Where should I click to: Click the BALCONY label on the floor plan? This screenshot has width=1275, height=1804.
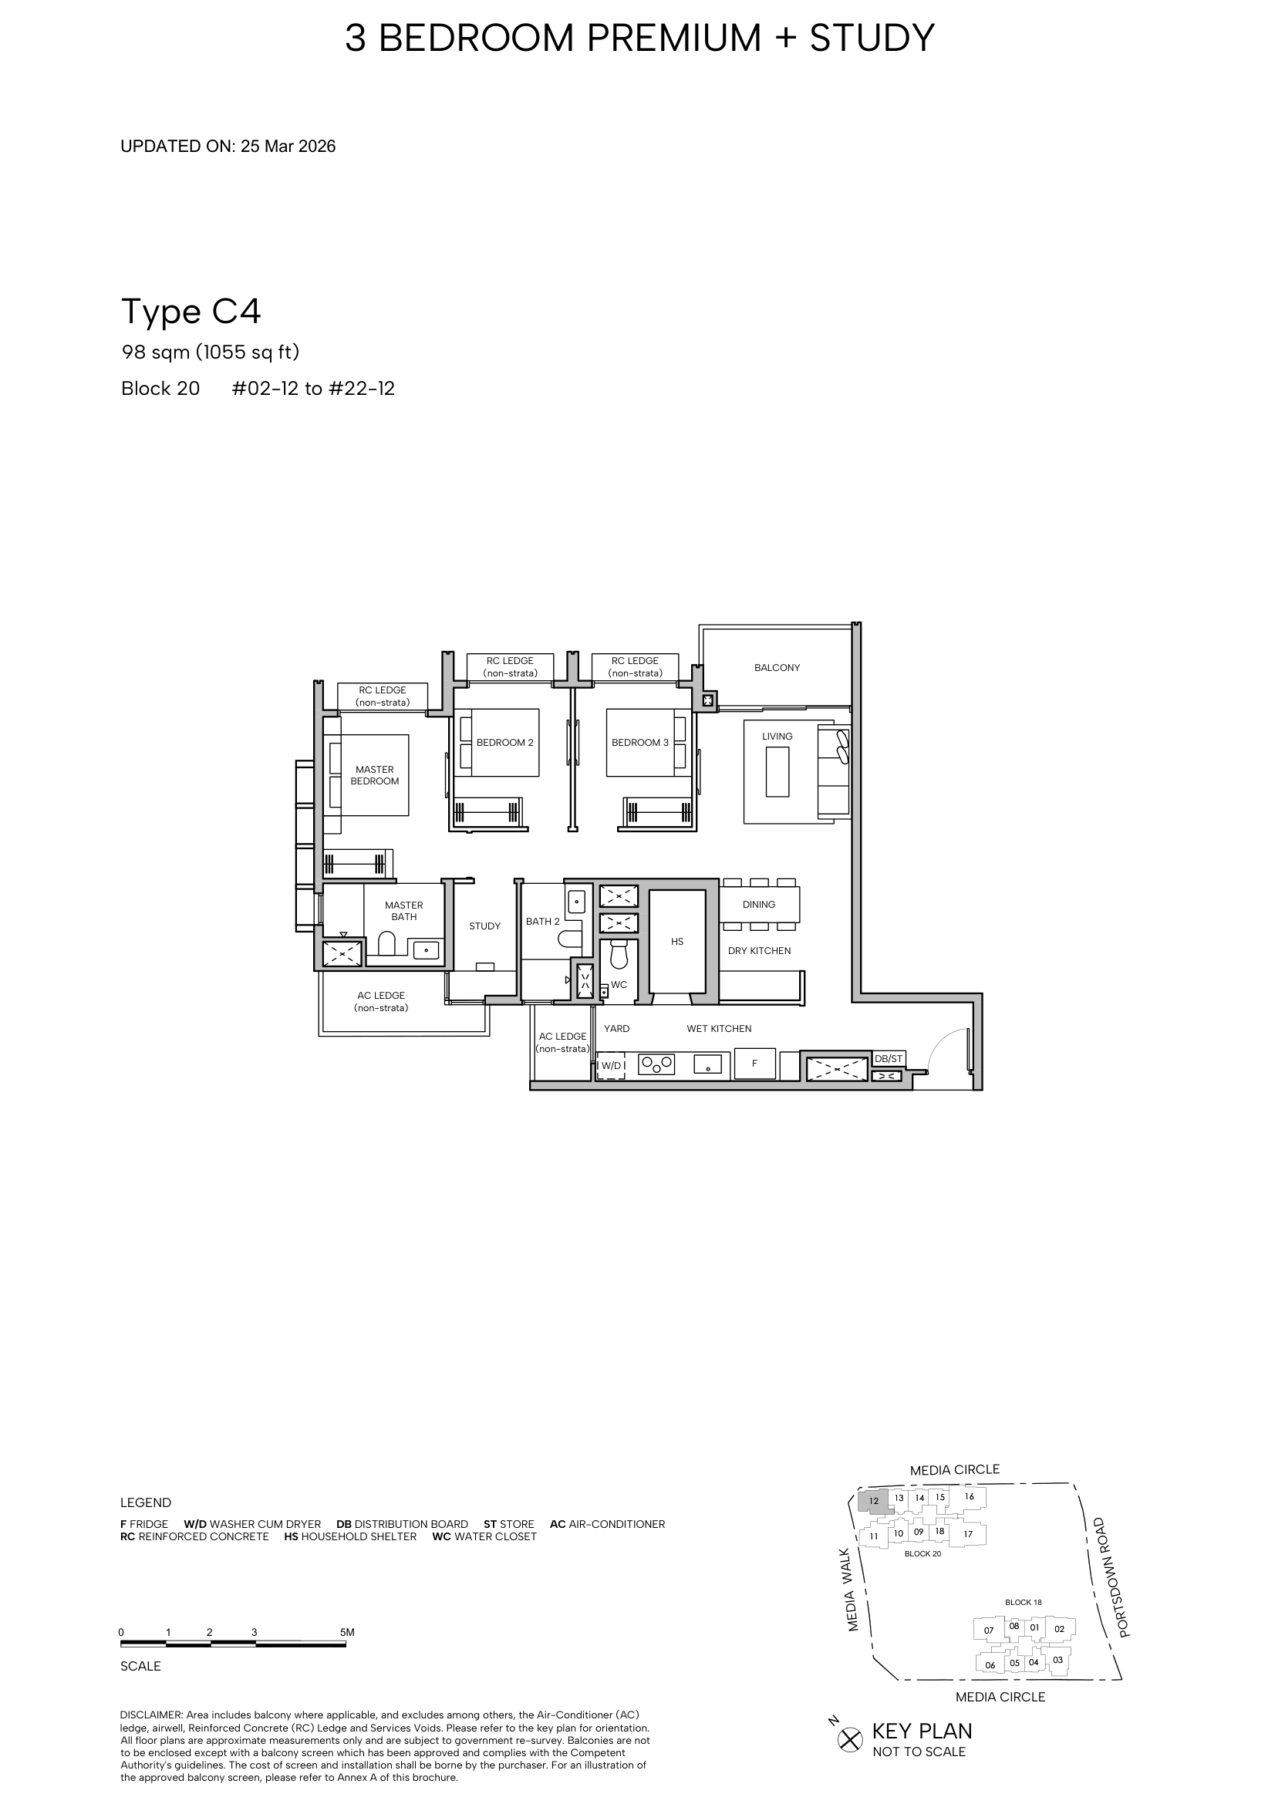click(x=776, y=668)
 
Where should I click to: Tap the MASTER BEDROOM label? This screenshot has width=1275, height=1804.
click(x=375, y=775)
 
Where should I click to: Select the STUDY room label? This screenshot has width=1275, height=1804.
click(x=484, y=926)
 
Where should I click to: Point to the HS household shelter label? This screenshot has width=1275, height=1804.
click(x=677, y=941)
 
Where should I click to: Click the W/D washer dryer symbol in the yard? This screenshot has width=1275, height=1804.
click(x=611, y=1065)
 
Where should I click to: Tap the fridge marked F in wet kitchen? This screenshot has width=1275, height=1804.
click(x=754, y=1064)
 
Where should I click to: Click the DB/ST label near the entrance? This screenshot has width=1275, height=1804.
click(x=889, y=1059)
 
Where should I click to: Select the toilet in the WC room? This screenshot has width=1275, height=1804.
click(x=619, y=956)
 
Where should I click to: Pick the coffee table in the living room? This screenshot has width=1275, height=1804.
click(x=777, y=772)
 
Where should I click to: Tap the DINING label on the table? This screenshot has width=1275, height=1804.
click(x=759, y=905)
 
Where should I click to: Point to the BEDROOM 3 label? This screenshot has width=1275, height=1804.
click(x=640, y=743)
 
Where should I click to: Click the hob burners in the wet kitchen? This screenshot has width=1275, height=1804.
click(x=657, y=1065)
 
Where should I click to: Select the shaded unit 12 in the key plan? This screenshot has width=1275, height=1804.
click(x=874, y=1501)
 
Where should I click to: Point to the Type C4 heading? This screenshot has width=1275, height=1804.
click(x=191, y=312)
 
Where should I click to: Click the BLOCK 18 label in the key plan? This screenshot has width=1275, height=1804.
click(x=1023, y=1602)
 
